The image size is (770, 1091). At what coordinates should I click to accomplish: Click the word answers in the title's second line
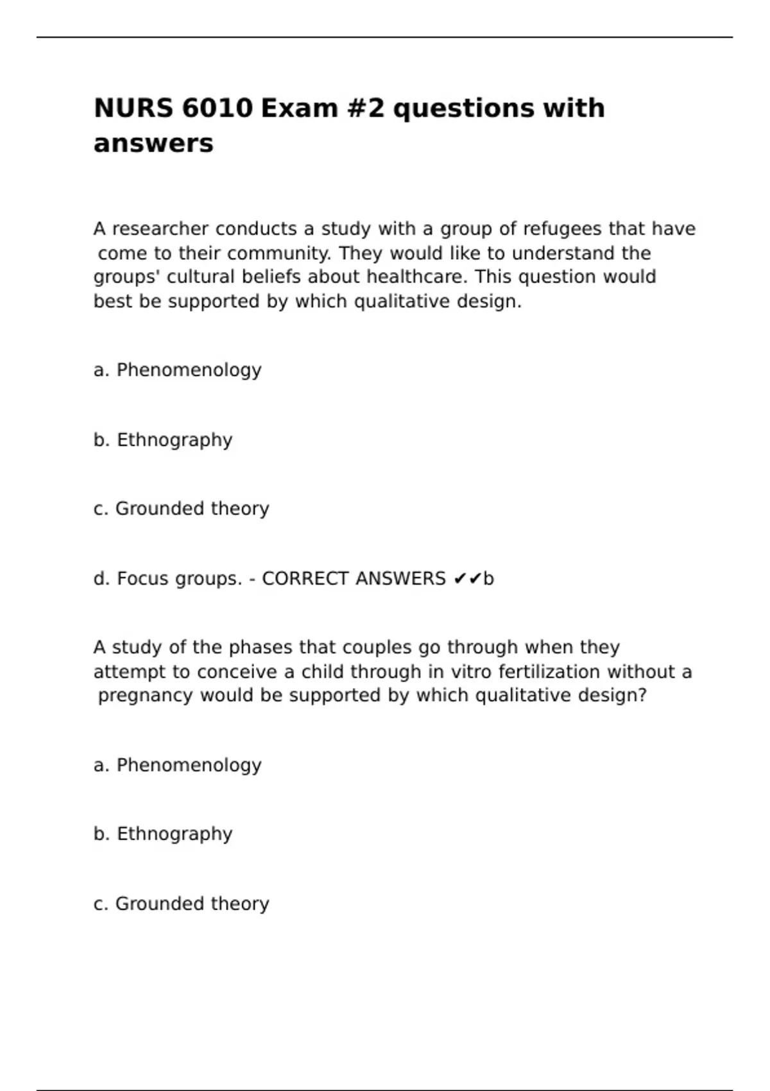[153, 143]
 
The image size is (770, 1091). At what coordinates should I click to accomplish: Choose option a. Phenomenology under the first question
[177, 370]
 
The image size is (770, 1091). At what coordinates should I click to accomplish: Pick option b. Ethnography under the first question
[163, 440]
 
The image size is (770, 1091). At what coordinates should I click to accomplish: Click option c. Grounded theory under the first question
[181, 509]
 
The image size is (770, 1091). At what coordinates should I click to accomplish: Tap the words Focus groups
[179, 579]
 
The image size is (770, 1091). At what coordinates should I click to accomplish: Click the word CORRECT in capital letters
[305, 579]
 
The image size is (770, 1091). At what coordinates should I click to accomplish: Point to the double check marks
[467, 579]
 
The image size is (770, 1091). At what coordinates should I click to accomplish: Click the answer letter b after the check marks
[489, 579]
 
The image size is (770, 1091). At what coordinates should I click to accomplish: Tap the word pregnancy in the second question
[145, 696]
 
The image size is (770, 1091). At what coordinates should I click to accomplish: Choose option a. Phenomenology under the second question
[177, 766]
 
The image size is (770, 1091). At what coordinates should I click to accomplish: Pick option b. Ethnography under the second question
[163, 834]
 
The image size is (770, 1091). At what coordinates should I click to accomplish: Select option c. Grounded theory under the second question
[181, 904]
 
